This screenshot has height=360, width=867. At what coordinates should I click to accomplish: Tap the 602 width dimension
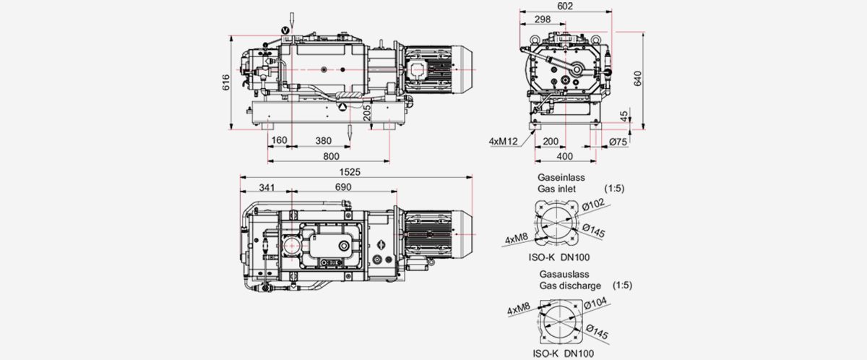tap(565, 7)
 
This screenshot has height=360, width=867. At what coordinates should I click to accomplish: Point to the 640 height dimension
tap(638, 78)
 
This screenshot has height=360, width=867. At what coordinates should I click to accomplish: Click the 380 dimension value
tap(324, 141)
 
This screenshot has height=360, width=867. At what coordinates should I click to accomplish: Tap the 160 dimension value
tap(280, 141)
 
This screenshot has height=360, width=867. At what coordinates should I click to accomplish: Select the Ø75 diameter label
tap(617, 142)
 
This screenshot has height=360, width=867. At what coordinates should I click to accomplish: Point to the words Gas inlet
tap(556, 189)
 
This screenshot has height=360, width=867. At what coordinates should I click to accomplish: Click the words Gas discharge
tap(570, 286)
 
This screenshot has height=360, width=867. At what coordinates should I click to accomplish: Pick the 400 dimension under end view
tap(564, 156)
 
